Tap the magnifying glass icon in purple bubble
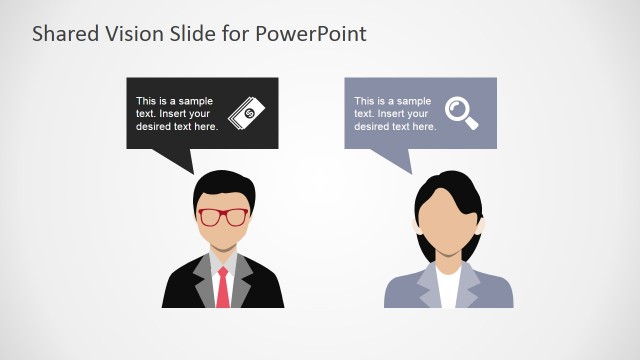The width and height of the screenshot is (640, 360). point(461,112)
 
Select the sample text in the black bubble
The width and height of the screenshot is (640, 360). point(177,113)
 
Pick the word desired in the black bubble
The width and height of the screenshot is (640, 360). point(154,127)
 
